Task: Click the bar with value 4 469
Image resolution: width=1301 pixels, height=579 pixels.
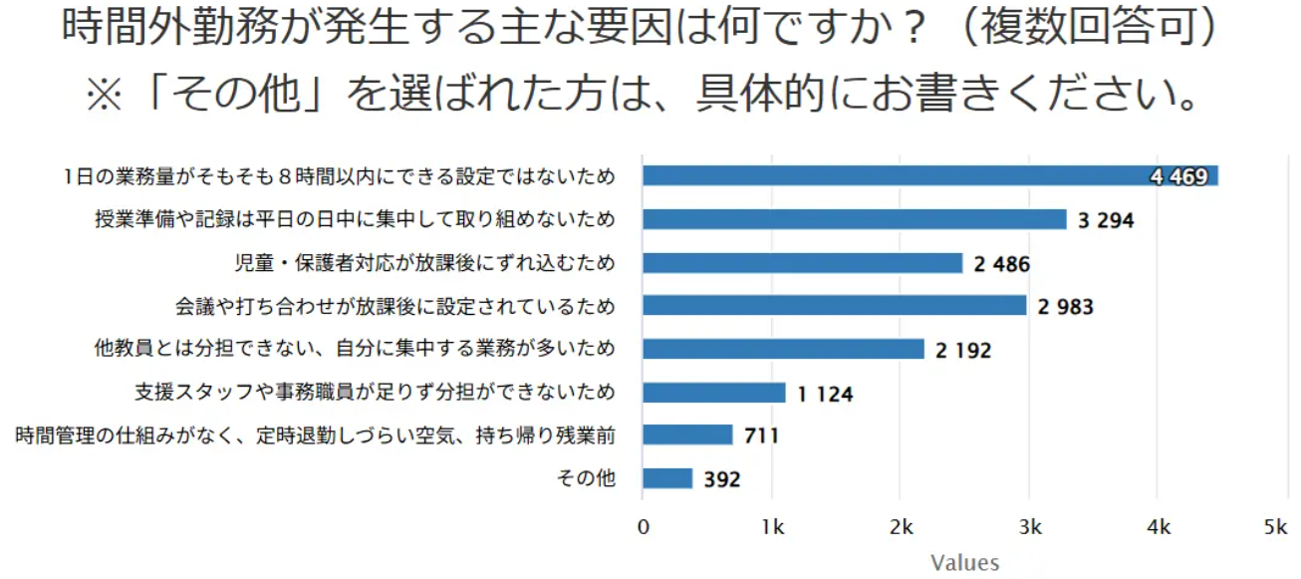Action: [x=929, y=176]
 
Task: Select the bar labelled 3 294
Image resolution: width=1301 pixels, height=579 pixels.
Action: [x=854, y=219]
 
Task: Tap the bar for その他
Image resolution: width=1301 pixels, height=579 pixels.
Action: [x=667, y=478]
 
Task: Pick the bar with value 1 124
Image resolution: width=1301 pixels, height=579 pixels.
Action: [x=713, y=393]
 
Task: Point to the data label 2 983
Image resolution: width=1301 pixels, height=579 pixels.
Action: [x=1065, y=307]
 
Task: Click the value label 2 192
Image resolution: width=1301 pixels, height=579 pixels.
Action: [x=963, y=350]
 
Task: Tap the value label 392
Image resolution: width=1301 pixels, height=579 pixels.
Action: [x=721, y=479]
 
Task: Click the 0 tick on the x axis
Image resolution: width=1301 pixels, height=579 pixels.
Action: [x=644, y=527]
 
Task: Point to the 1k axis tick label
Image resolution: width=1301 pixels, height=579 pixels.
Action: [x=771, y=527]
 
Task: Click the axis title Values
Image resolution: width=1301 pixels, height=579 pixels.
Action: [x=964, y=563]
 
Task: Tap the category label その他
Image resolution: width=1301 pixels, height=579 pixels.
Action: [x=586, y=479]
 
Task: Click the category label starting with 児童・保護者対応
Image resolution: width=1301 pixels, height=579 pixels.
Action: [x=423, y=264]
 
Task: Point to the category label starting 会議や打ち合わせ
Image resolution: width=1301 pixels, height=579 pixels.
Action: [x=395, y=307]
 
